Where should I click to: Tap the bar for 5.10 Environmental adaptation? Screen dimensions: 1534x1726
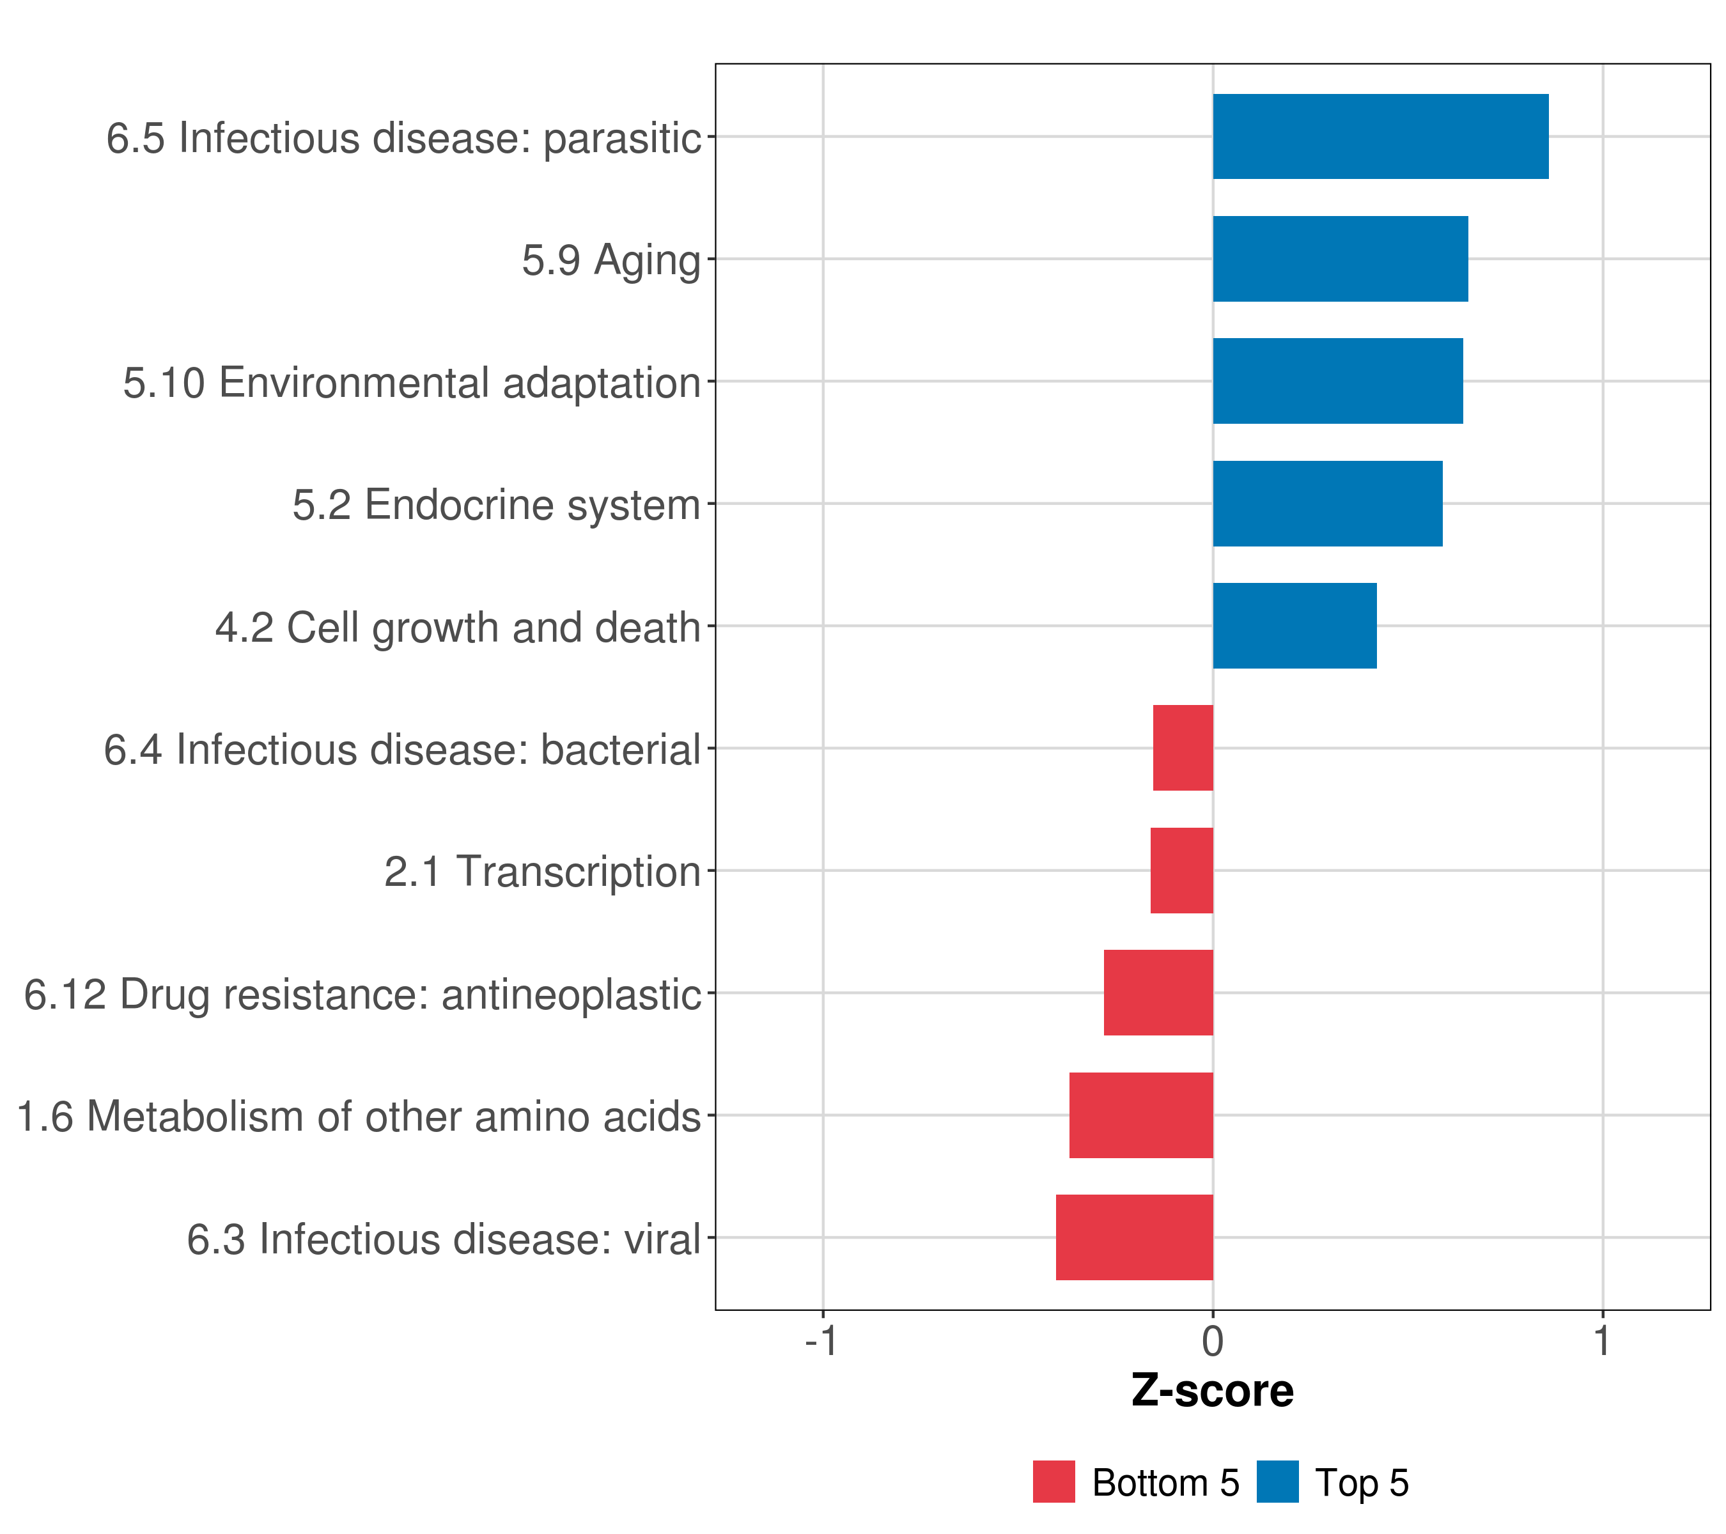(x=1337, y=381)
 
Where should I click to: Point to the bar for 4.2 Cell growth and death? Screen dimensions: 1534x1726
(x=1294, y=626)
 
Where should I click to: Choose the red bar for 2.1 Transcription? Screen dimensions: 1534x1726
(x=1181, y=871)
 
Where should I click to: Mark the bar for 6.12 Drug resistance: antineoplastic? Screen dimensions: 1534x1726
(x=1158, y=993)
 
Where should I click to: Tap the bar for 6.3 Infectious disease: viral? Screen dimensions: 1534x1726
(x=1133, y=1237)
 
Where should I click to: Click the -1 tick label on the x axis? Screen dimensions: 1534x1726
(x=821, y=1342)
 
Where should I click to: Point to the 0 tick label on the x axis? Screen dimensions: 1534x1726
(x=1213, y=1342)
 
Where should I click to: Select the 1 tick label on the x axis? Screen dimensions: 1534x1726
(x=1602, y=1342)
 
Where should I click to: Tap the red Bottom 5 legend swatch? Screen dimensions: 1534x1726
(x=1053, y=1482)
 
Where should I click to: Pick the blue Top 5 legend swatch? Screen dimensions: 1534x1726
(x=1277, y=1482)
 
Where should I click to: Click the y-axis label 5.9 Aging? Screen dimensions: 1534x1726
(x=610, y=260)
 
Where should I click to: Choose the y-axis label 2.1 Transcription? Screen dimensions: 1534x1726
(x=542, y=871)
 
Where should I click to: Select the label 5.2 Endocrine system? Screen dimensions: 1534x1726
(x=497, y=505)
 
